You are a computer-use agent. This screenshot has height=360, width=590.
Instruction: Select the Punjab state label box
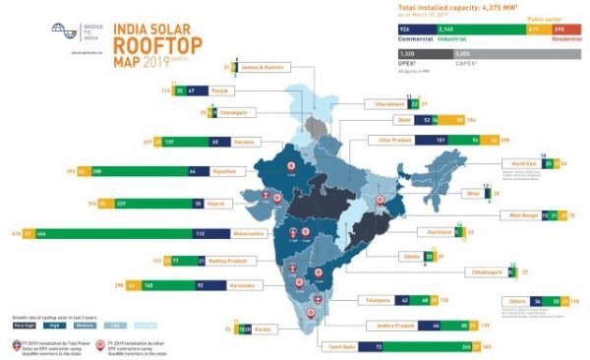coord(222,90)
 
